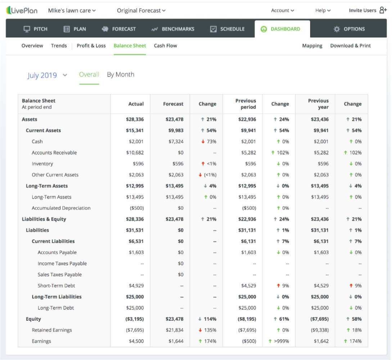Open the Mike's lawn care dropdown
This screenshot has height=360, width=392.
pyautogui.click(x=72, y=10)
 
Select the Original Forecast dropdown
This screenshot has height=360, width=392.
pyautogui.click(x=141, y=10)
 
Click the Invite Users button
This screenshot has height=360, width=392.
pyautogui.click(x=367, y=10)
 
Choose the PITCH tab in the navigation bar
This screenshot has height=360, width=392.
pyautogui.click(x=36, y=29)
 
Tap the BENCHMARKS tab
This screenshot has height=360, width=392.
pyautogui.click(x=173, y=29)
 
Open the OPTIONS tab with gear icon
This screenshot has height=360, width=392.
pyautogui.click(x=349, y=29)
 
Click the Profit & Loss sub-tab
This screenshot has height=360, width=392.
pyautogui.click(x=91, y=46)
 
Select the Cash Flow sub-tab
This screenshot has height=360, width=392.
pyautogui.click(x=165, y=46)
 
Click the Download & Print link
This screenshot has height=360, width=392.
pyautogui.click(x=350, y=46)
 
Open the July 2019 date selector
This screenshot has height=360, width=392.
pyautogui.click(x=47, y=75)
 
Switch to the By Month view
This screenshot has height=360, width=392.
pyautogui.click(x=121, y=75)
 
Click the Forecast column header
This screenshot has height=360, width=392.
pyautogui.click(x=173, y=104)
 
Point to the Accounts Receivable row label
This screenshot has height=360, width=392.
pyautogui.click(x=54, y=153)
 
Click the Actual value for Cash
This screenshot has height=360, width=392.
pyautogui.click(x=136, y=141)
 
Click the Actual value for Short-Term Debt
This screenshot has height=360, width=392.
pyautogui.click(x=136, y=286)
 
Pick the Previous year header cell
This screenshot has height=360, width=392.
pyautogui.click(x=318, y=104)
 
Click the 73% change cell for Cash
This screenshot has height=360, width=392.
pyautogui.click(x=209, y=141)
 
